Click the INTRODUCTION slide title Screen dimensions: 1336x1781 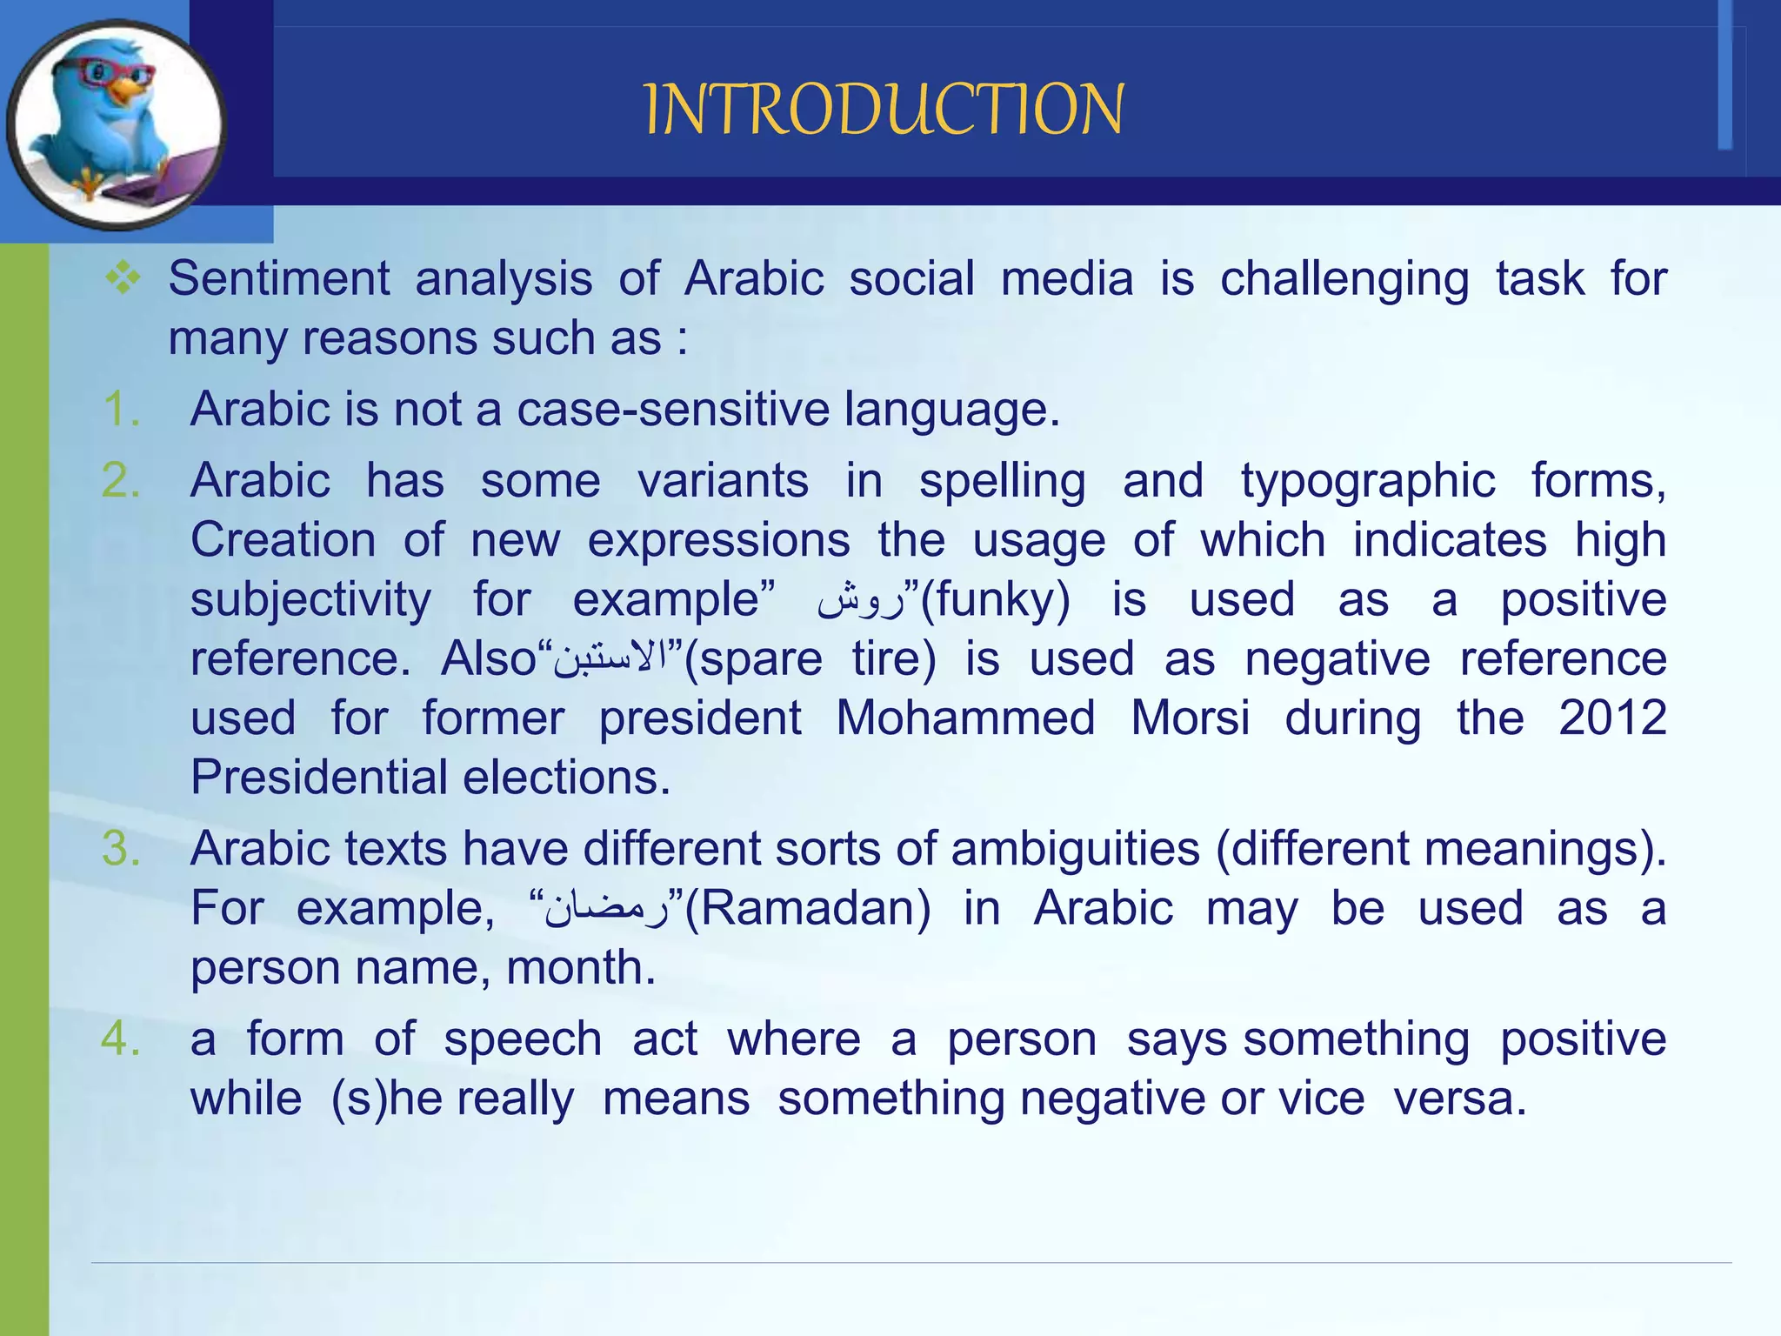point(884,110)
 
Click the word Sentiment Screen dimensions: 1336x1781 point(278,279)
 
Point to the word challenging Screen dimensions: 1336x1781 point(1344,279)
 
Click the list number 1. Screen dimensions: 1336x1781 point(121,409)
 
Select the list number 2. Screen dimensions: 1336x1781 point(121,480)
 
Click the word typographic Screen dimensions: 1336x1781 point(1367,481)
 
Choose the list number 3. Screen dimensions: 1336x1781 point(121,848)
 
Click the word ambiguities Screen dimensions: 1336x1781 point(1075,848)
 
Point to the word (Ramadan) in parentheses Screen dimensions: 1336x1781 point(808,909)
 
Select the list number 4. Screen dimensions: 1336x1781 point(121,1039)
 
